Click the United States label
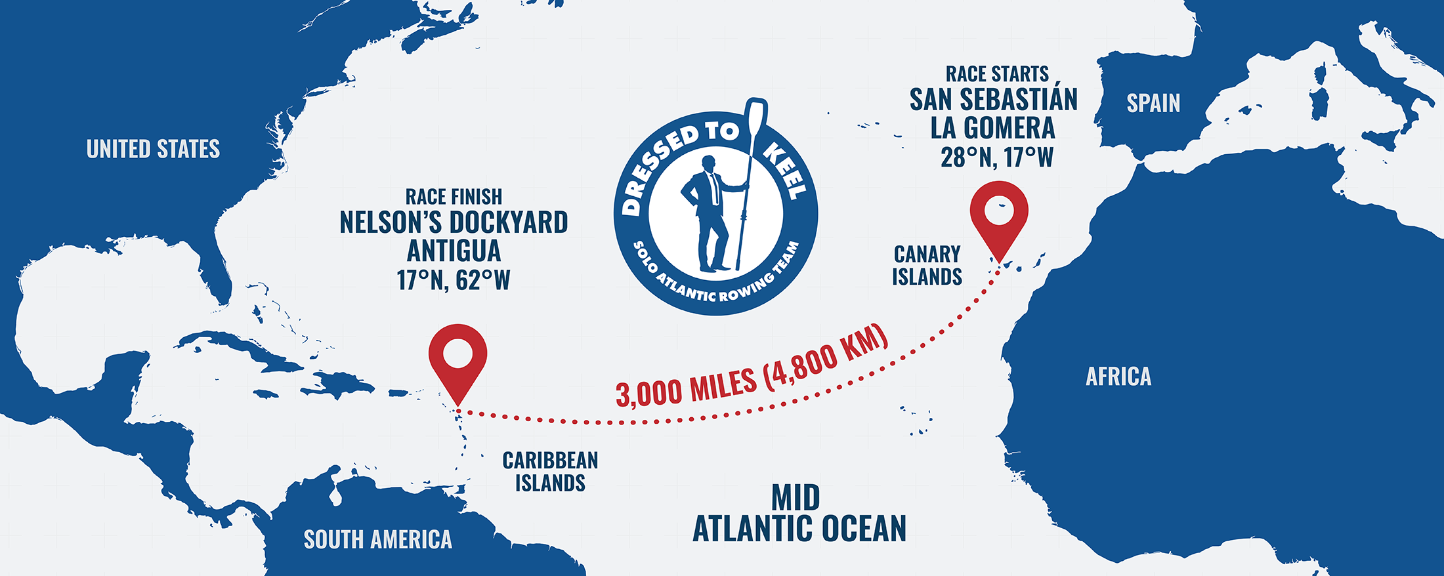(x=153, y=149)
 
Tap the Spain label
(x=1153, y=103)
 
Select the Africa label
(x=1118, y=377)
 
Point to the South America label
(x=377, y=539)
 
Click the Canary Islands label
(x=927, y=265)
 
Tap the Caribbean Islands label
(x=550, y=471)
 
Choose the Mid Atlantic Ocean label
(x=799, y=514)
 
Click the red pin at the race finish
(x=457, y=358)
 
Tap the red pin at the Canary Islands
(x=999, y=215)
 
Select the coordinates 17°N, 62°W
(x=454, y=280)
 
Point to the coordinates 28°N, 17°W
(x=996, y=157)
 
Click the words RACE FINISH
(x=454, y=196)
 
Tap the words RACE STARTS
(x=996, y=73)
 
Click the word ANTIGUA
(x=454, y=251)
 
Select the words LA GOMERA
(x=992, y=128)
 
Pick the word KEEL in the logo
(x=786, y=172)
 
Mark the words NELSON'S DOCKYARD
(x=454, y=223)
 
